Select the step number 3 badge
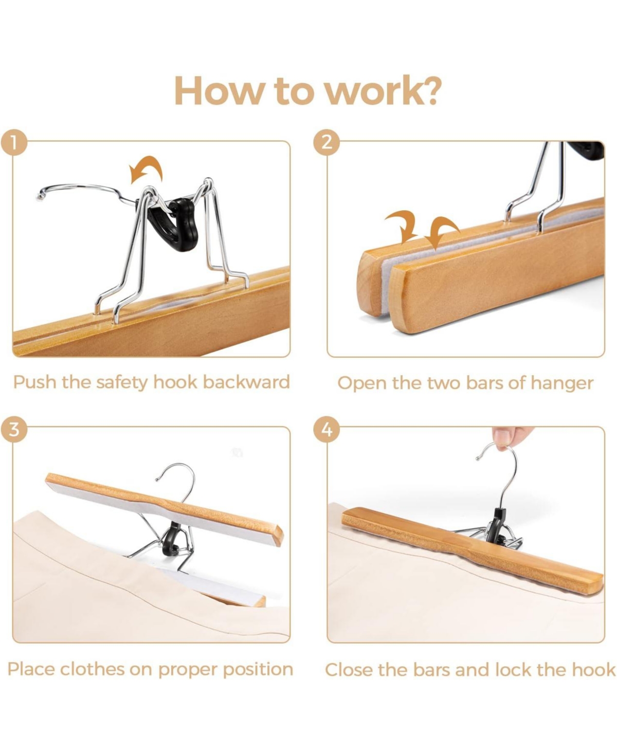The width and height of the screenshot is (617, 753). click(x=14, y=428)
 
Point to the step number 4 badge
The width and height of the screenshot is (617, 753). click(x=327, y=428)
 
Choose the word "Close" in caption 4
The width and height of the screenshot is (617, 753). click(x=349, y=670)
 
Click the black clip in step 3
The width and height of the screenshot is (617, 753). click(x=172, y=540)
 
